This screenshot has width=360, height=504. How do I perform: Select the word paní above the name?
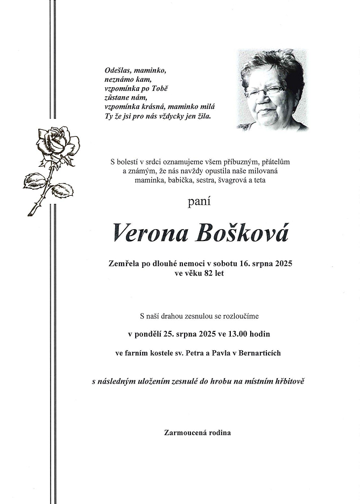[199, 202]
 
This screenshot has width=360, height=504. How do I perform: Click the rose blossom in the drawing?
[58, 142]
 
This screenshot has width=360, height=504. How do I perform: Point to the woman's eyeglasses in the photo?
[265, 91]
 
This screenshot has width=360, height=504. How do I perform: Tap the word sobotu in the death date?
[230, 264]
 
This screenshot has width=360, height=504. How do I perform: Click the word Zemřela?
[124, 264]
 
